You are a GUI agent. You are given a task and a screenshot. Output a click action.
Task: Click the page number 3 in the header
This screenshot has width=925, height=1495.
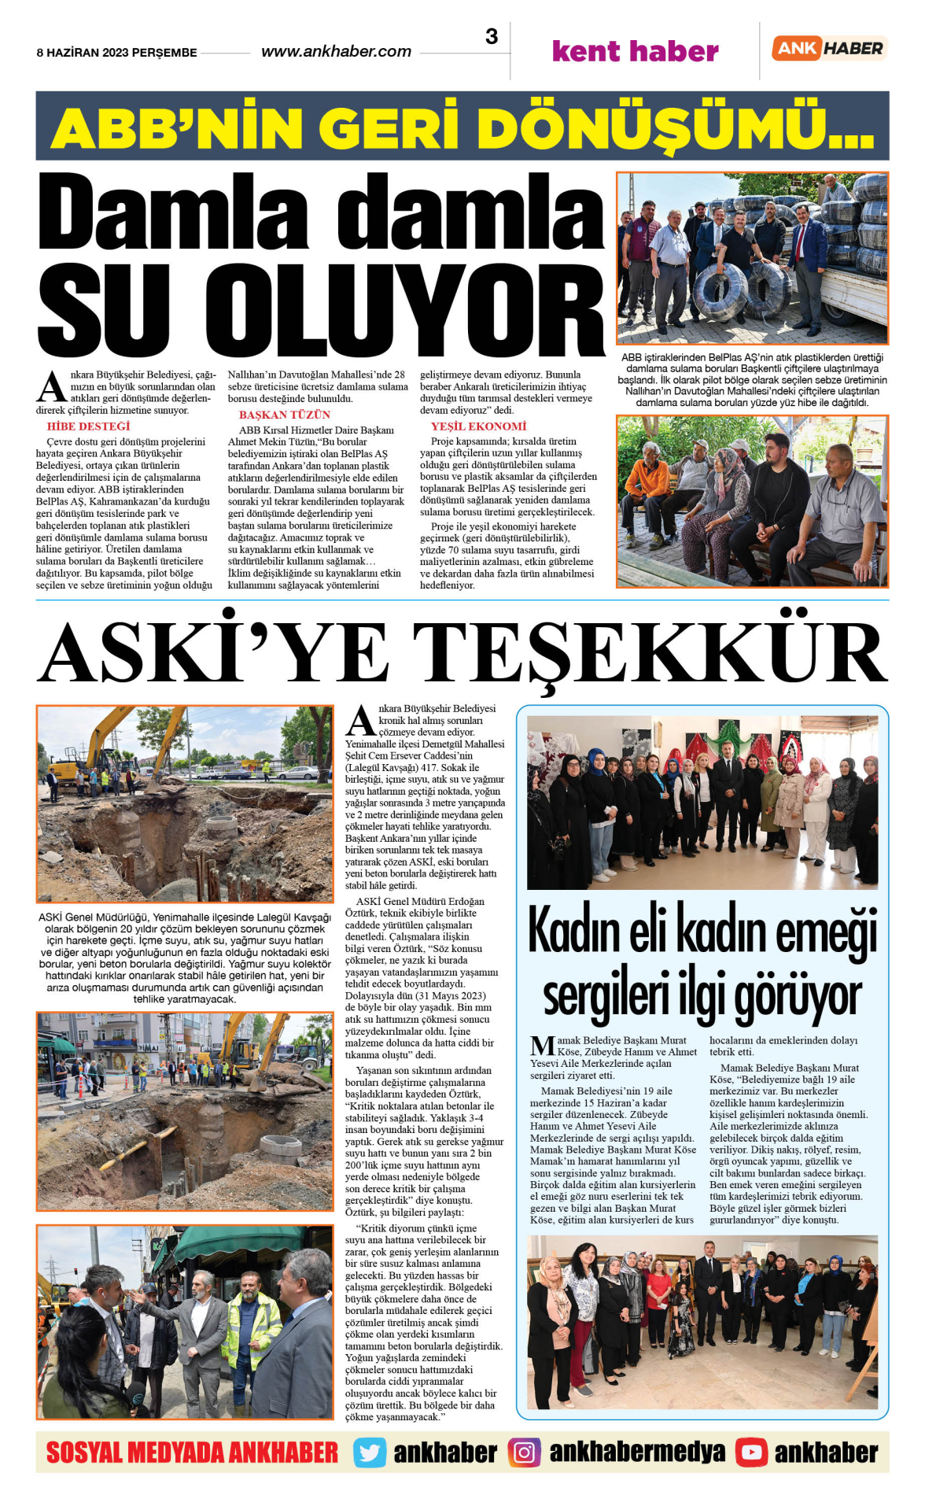(492, 37)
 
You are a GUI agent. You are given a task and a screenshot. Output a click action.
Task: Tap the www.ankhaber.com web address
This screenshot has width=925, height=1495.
(336, 52)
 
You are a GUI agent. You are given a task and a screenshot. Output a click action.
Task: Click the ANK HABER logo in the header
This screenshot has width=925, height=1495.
(830, 48)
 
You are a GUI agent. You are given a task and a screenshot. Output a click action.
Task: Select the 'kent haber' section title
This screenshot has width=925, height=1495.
(635, 52)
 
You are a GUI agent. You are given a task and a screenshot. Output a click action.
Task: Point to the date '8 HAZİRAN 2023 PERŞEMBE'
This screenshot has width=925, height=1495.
(116, 53)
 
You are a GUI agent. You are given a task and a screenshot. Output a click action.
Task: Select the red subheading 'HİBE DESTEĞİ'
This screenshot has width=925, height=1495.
(88, 426)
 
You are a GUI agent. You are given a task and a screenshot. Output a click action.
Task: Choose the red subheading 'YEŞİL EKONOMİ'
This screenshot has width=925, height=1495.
(478, 426)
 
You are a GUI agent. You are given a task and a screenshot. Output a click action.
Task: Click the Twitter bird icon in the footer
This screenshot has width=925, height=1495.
(370, 1453)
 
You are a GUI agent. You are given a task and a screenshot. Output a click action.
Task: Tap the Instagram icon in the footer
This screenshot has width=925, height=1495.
(524, 1453)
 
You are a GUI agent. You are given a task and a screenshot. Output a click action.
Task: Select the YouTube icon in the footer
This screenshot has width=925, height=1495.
(751, 1453)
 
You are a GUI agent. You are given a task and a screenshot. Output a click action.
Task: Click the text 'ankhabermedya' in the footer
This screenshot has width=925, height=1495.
(637, 1453)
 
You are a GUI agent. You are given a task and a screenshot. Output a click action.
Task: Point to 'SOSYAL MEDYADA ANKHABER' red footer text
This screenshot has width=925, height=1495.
(192, 1453)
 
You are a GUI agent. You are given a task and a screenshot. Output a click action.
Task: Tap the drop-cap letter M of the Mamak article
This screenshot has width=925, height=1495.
(543, 1046)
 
